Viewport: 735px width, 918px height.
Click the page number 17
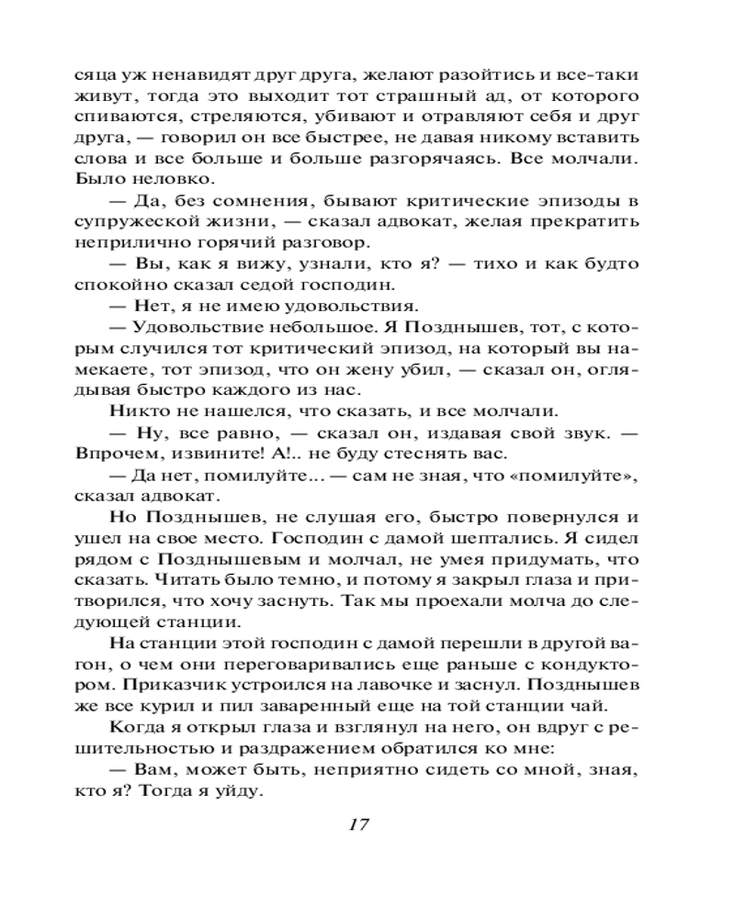358,823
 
